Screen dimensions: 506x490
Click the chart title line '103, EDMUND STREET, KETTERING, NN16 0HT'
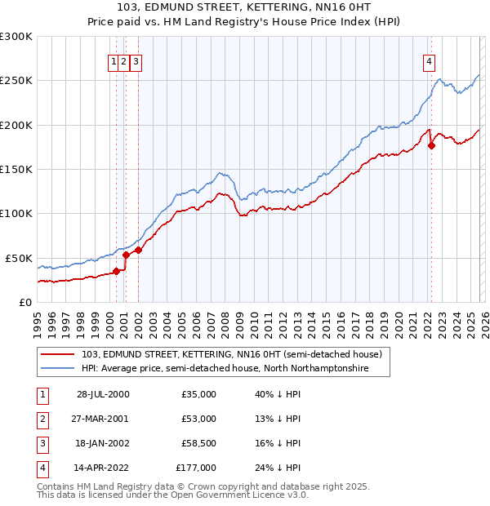point(245,9)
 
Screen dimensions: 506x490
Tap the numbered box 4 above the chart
point(429,60)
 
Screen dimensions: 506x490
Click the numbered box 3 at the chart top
point(136,60)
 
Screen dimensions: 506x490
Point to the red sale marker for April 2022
point(431,146)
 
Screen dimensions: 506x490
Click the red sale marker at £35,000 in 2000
point(117,271)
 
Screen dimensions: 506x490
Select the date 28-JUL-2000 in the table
point(103,394)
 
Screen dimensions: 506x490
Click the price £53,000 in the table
point(198,419)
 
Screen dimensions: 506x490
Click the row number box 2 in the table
point(41,419)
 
